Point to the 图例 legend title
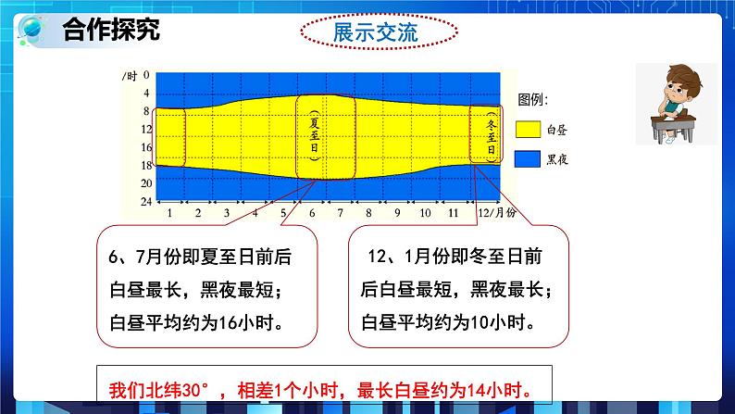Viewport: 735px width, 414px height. click(533, 99)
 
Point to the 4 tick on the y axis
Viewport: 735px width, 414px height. click(145, 94)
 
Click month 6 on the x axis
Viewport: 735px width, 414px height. click(312, 213)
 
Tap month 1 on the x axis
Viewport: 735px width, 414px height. click(169, 213)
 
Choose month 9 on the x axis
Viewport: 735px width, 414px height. click(397, 213)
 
